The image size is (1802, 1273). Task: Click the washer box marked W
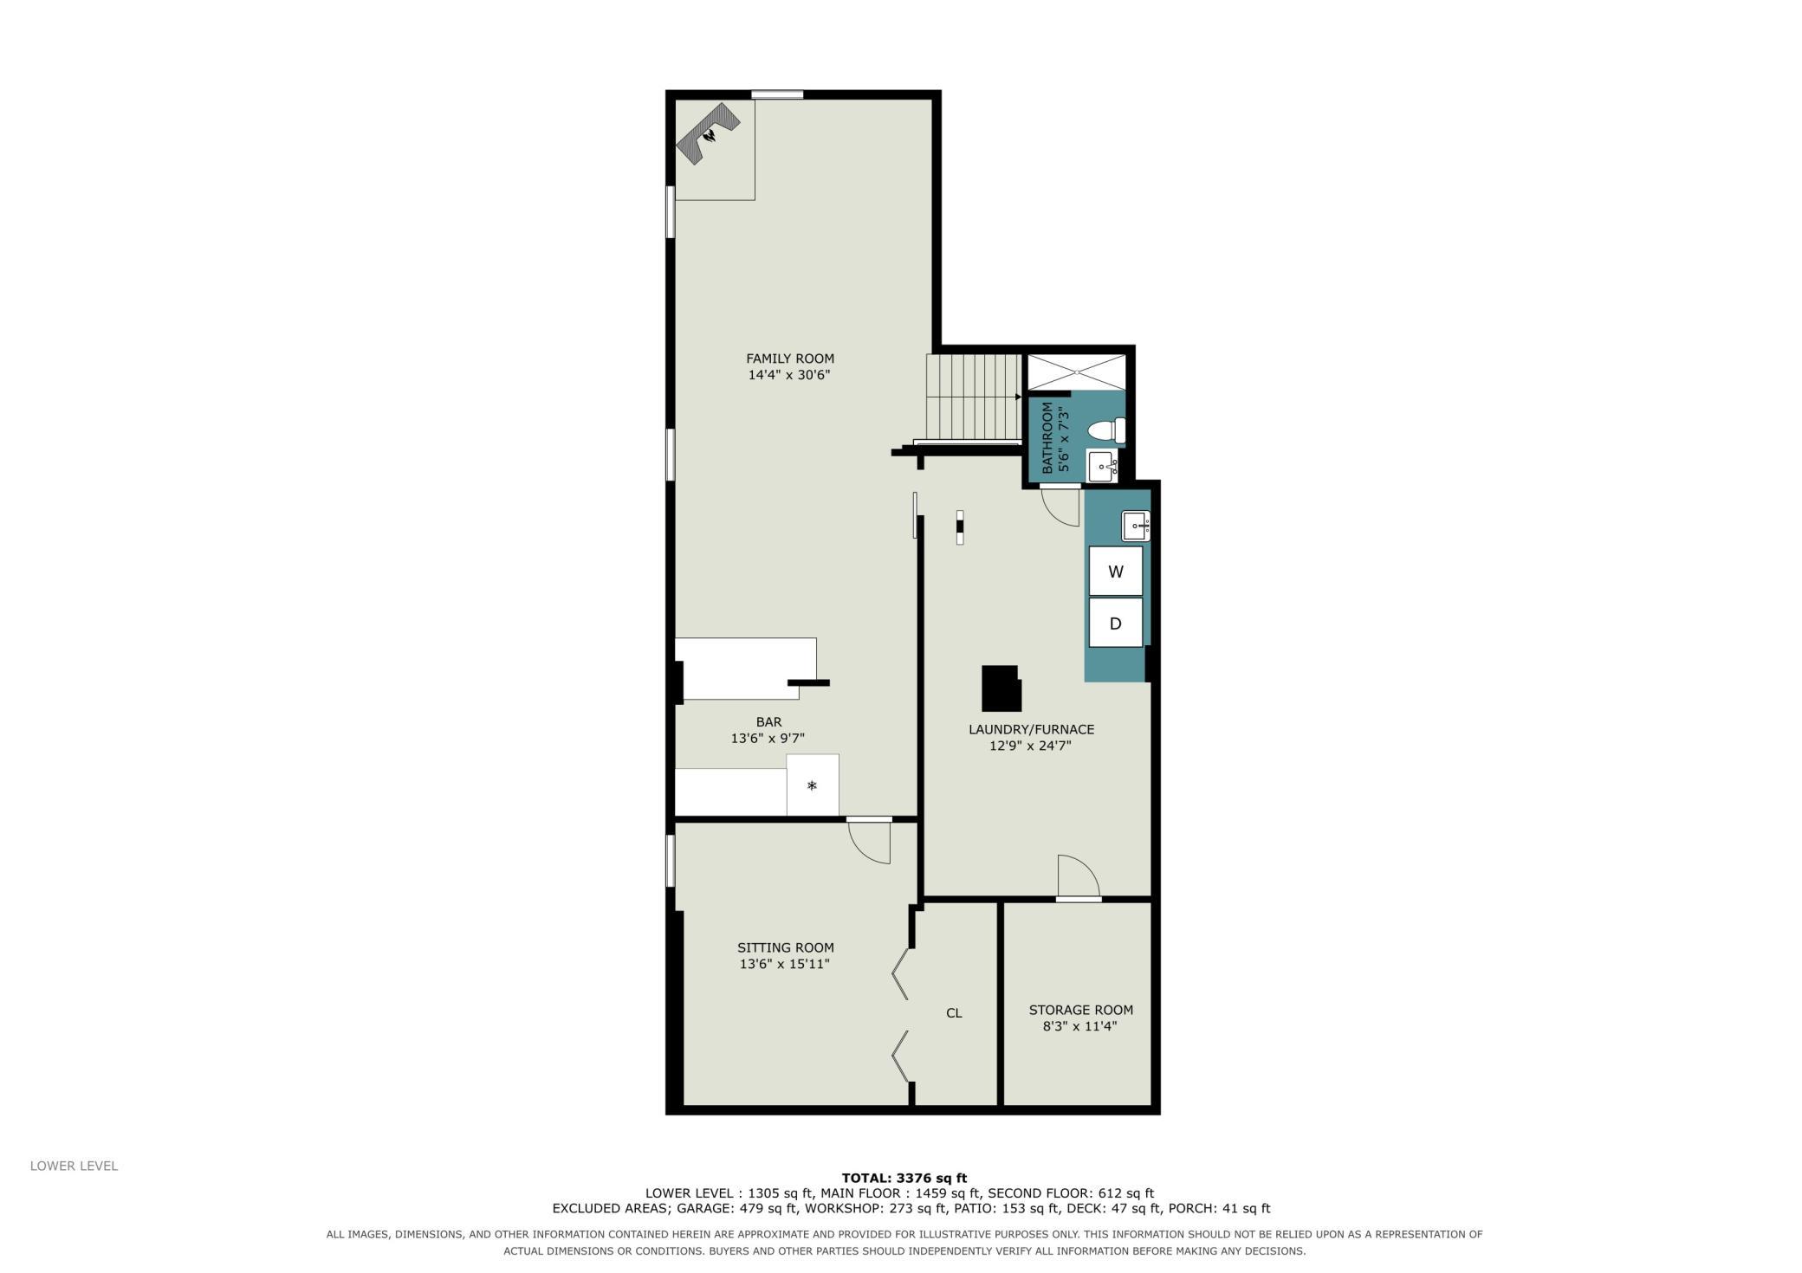[x=1115, y=571]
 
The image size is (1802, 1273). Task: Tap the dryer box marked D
[x=1115, y=623]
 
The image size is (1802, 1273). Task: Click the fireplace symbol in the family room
[x=707, y=134]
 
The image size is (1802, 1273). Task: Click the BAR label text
[x=768, y=722]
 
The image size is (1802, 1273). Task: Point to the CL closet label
[x=954, y=1013]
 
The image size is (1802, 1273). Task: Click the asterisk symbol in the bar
[x=812, y=786]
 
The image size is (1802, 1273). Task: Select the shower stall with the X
[x=1077, y=372]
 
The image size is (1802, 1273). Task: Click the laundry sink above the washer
[x=1136, y=526]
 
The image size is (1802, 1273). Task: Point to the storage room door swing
[x=1079, y=876]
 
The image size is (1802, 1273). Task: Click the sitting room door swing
[x=869, y=843]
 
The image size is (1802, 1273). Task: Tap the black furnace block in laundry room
[x=1001, y=688]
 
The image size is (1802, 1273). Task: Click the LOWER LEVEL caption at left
[x=74, y=1166]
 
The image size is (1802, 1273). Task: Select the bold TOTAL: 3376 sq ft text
[x=904, y=1178]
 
